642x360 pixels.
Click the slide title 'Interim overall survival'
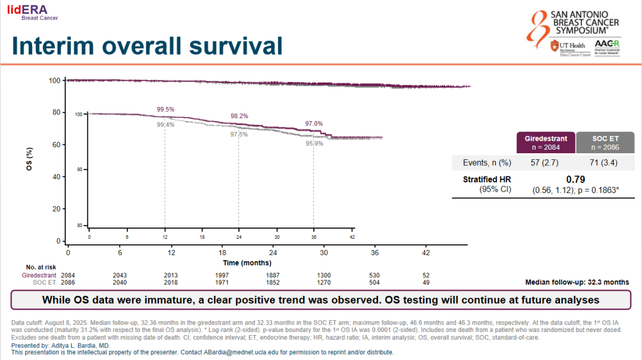(x=147, y=46)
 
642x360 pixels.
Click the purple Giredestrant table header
(x=546, y=143)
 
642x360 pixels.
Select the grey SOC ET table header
(x=605, y=143)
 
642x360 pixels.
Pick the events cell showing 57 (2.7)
(x=546, y=162)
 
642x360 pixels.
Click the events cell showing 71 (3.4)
(x=605, y=162)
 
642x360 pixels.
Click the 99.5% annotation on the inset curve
(x=166, y=109)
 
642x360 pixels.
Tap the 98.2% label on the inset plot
(x=239, y=116)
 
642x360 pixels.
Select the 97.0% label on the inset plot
(x=314, y=124)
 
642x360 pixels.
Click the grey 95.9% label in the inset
(x=314, y=143)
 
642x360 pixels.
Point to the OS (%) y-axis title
(x=29, y=160)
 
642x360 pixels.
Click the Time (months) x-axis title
(x=247, y=263)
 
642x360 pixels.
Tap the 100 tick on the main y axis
(x=55, y=80)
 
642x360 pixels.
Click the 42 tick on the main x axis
(x=426, y=252)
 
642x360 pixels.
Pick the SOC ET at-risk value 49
(x=426, y=283)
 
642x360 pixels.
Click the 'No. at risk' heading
(x=40, y=267)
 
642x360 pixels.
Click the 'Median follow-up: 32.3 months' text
(x=577, y=282)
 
